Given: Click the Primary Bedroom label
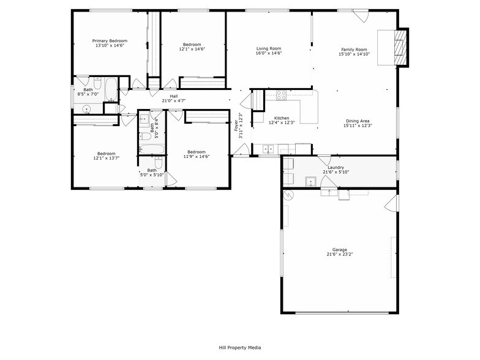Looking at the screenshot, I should (110, 41).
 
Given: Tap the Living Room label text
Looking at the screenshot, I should (268, 48).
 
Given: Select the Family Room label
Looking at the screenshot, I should (354, 50).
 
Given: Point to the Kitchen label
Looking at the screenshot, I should (282, 118).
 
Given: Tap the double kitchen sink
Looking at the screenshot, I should (268, 149).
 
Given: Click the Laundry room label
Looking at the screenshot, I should (336, 167).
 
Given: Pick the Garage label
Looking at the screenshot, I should (340, 250).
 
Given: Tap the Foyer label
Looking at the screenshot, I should (236, 126).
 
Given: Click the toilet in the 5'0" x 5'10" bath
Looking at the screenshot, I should (159, 163).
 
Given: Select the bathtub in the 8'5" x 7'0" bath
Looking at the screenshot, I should (112, 89).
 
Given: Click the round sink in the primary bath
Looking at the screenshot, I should (86, 109).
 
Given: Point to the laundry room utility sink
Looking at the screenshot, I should (311, 181).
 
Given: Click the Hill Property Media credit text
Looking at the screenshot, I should (240, 347).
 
